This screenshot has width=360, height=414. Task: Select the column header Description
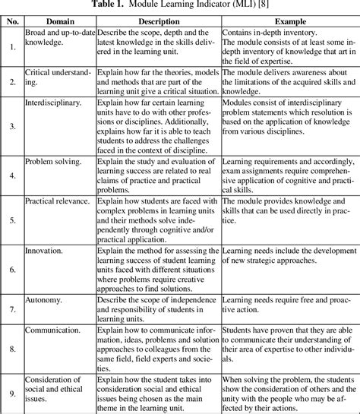click(x=158, y=22)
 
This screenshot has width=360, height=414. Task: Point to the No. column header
click(x=11, y=22)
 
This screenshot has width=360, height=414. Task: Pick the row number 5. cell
click(x=12, y=222)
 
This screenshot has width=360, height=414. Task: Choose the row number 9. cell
click(x=12, y=393)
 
